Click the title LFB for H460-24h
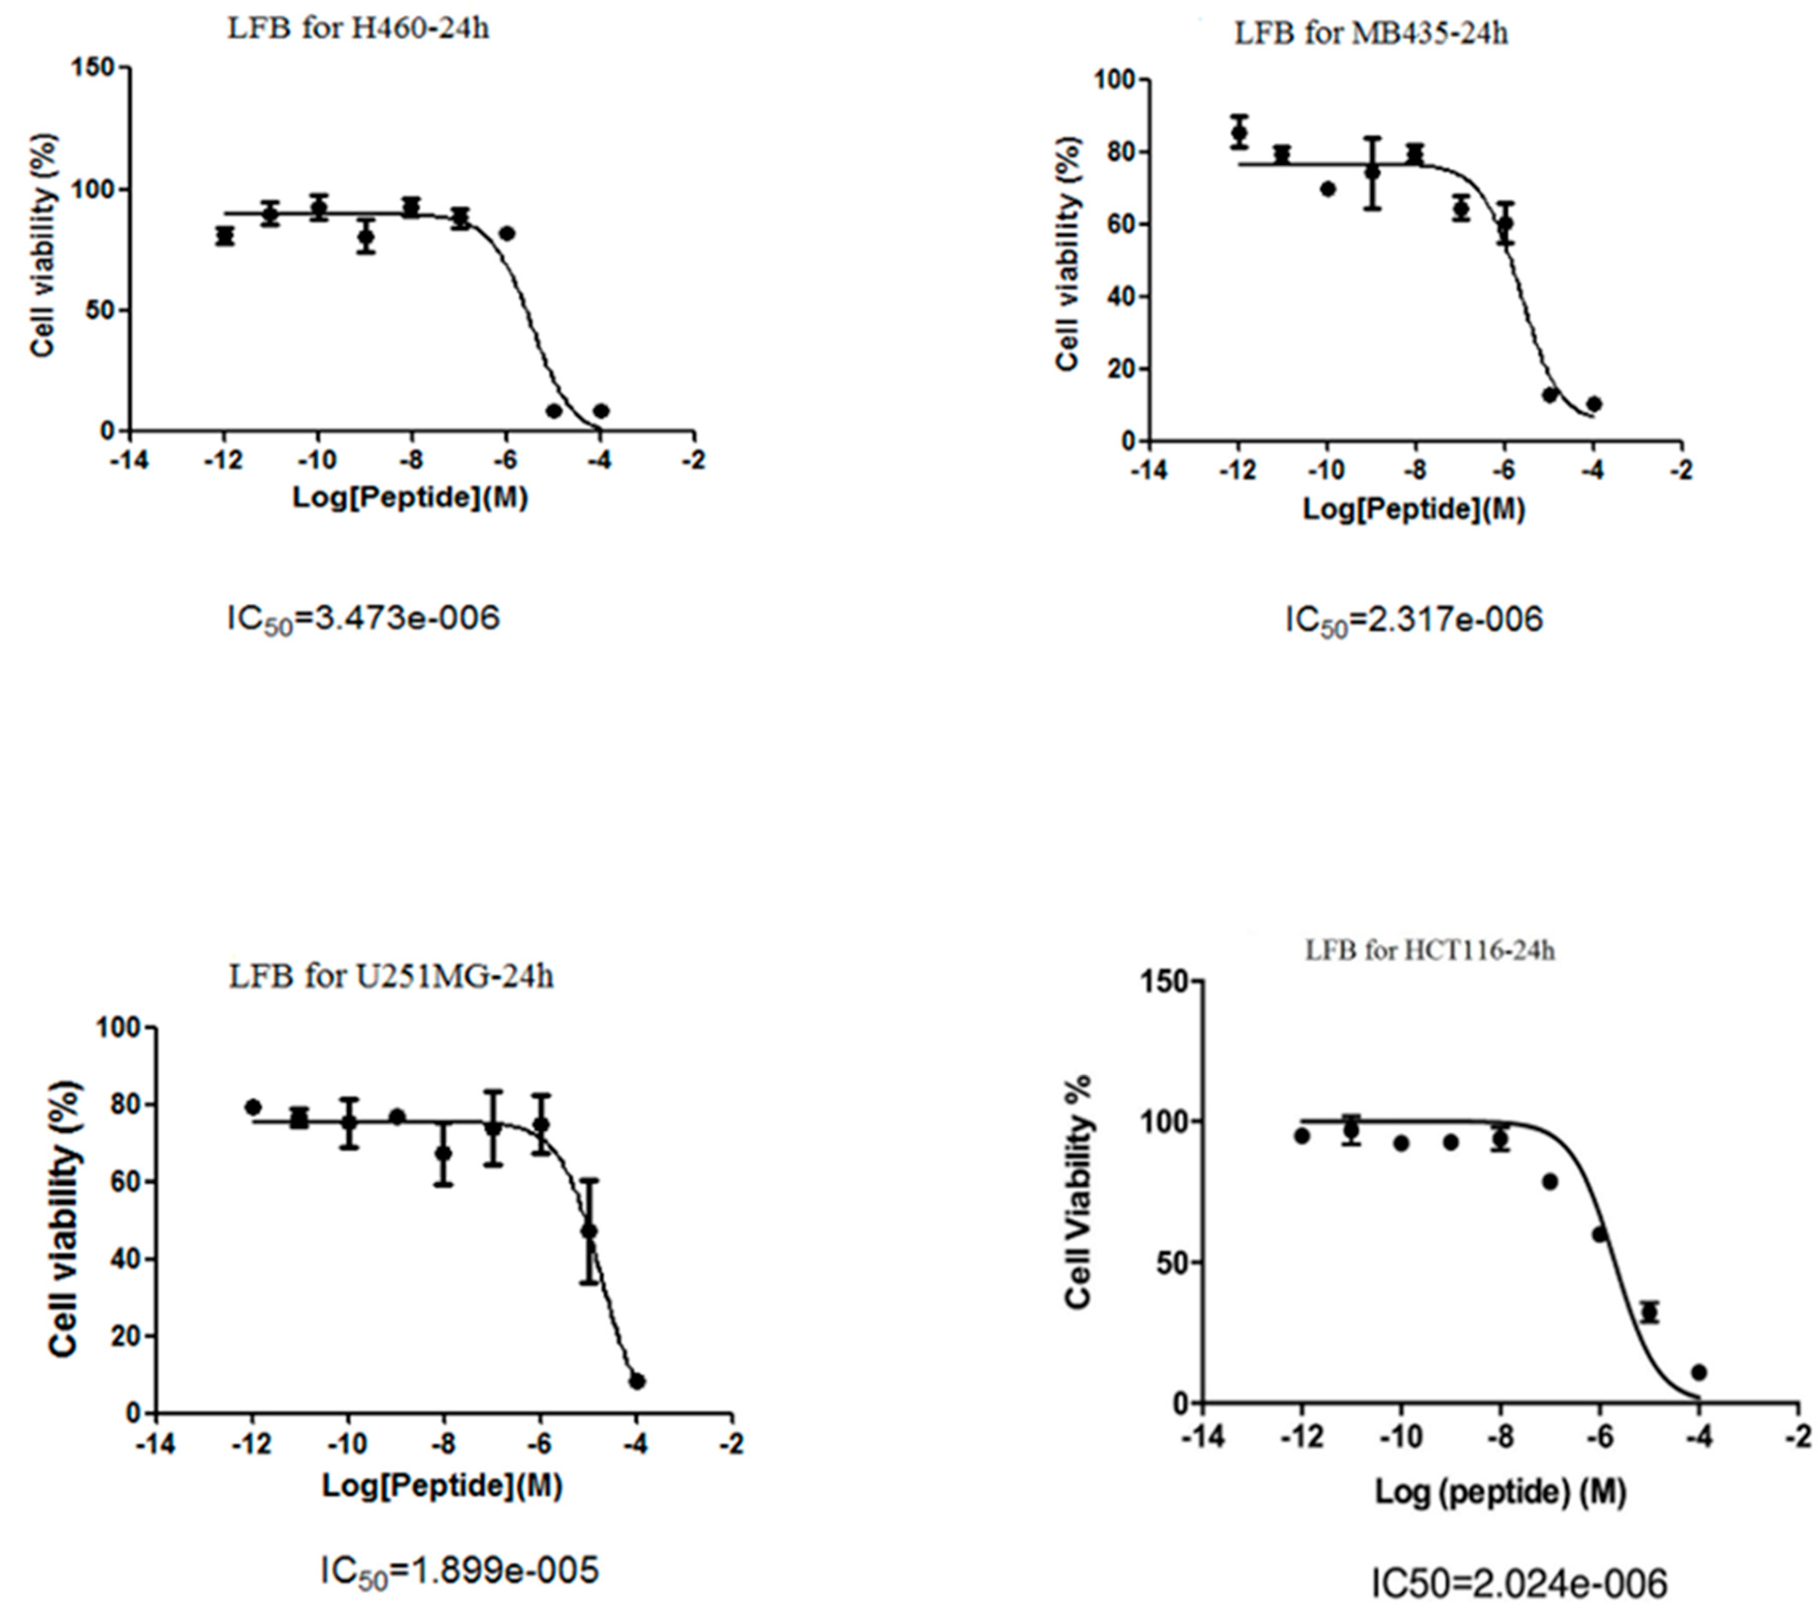click(359, 29)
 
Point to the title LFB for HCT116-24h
click(1429, 950)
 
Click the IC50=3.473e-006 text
click(364, 617)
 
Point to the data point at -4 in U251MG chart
click(637, 1381)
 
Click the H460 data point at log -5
click(554, 411)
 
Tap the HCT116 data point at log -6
click(1599, 1234)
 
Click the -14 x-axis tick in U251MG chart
click(156, 1442)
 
